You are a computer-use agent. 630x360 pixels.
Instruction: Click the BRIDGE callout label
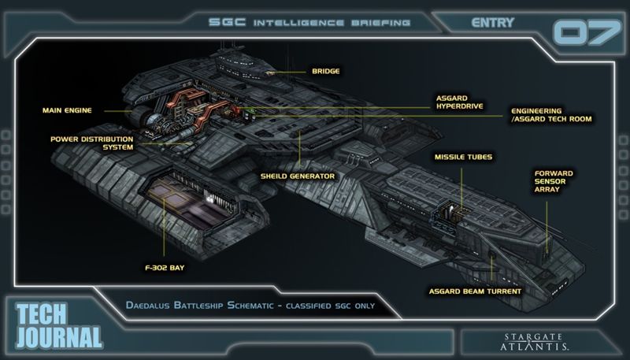pyautogui.click(x=325, y=71)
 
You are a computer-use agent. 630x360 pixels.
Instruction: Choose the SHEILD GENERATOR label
pyautogui.click(x=298, y=175)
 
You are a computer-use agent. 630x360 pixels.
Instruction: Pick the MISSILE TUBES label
pyautogui.click(x=463, y=157)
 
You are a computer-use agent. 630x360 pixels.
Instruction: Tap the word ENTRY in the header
pyautogui.click(x=493, y=23)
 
